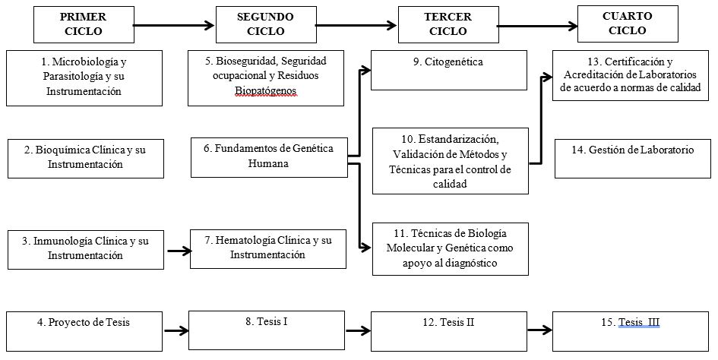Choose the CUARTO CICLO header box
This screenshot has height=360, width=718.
[627, 25]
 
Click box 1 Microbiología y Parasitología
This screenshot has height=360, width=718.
[84, 77]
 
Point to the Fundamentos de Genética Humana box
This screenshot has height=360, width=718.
[269, 156]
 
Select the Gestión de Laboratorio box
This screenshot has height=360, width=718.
[632, 158]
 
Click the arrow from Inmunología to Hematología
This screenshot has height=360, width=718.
[177, 250]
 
